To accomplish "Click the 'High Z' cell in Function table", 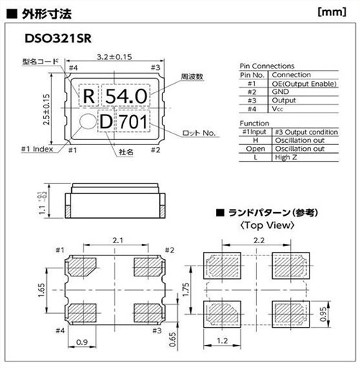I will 285,157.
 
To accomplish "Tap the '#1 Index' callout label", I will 36,149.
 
